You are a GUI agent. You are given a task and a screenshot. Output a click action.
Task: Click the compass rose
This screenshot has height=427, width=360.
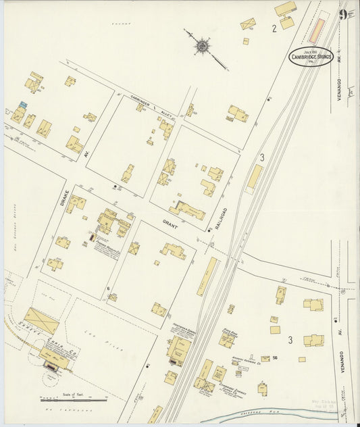coord(202,46)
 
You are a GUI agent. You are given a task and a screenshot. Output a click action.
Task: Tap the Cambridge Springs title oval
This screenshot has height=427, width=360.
coord(311,57)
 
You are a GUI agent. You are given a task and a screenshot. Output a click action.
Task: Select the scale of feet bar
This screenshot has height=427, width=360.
coord(73,400)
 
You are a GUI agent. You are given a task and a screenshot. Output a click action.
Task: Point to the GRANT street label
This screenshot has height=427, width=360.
coord(169,222)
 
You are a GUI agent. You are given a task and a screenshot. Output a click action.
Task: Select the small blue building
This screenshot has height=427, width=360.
coord(23,105)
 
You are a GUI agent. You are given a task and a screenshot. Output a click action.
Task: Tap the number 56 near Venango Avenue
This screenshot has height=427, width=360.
coord(275,357)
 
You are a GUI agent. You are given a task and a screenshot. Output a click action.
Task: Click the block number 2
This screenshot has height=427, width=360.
coord(274,28)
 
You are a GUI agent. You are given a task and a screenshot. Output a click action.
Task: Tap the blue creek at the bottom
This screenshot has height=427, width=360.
coord(270,413)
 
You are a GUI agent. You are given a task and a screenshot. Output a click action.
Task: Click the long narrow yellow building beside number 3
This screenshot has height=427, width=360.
coord(254,178)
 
